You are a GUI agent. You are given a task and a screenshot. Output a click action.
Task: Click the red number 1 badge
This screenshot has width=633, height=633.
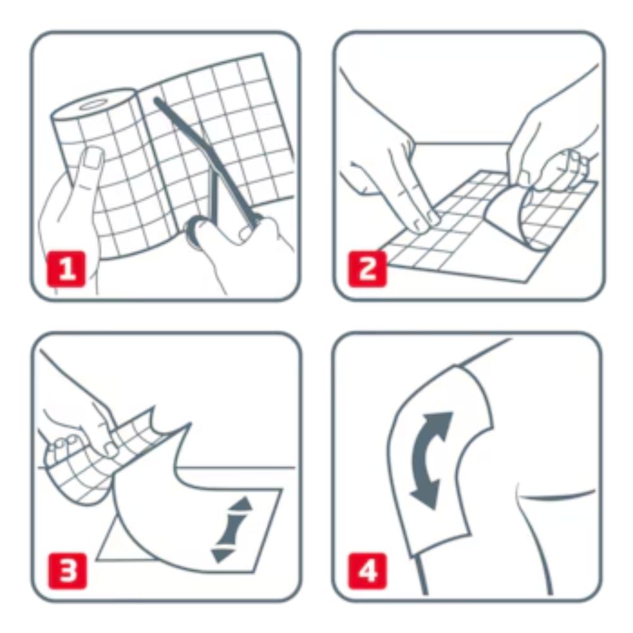[x=66, y=269]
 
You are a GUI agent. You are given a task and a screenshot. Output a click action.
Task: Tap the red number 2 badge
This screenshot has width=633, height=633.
[x=367, y=269]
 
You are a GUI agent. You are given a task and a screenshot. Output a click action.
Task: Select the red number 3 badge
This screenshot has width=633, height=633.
[x=66, y=571]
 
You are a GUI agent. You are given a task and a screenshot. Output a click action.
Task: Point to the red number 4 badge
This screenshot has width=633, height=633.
[x=367, y=571]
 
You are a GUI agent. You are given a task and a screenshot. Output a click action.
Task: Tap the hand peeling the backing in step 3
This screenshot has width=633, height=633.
[x=81, y=428]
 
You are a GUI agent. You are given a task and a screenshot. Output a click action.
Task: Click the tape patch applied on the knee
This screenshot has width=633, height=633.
[x=440, y=460]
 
